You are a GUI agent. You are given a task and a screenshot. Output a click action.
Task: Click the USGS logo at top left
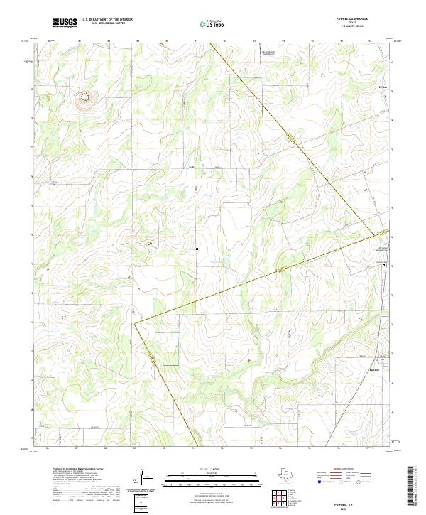click(x=65, y=23)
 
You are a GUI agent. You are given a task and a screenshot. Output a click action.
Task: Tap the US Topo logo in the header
click(x=210, y=23)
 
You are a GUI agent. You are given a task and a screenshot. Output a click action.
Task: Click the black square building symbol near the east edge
click(x=384, y=265)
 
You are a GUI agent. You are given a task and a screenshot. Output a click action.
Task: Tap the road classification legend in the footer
click(x=346, y=478)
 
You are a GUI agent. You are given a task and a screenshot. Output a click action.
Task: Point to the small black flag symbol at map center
click(x=197, y=248)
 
